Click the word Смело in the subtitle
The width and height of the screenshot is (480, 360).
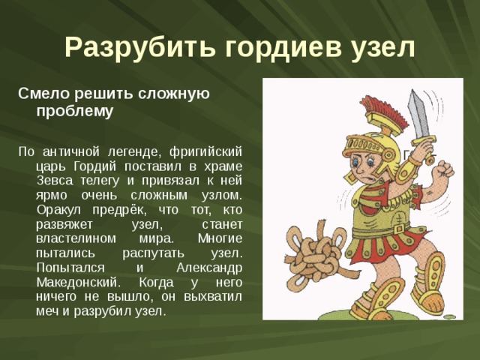40,94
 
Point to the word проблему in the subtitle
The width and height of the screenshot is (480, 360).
74,112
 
